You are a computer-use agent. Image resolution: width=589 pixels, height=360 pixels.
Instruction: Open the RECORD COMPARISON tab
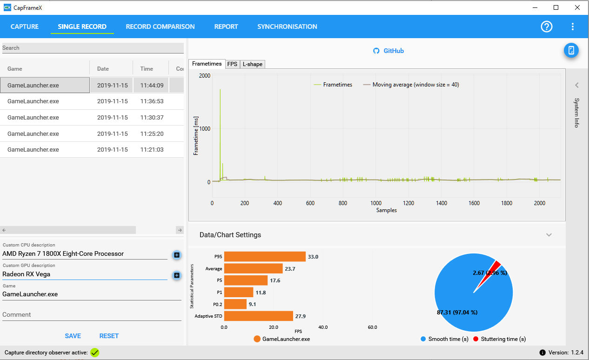coord(160,27)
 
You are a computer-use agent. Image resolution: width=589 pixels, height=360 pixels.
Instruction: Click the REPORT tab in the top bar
coord(226,27)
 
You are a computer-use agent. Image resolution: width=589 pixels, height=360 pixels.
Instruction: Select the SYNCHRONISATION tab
coord(287,27)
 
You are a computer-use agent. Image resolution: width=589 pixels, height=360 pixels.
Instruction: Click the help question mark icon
coord(546,27)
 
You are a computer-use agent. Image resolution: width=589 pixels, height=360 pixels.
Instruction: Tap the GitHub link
coord(388,51)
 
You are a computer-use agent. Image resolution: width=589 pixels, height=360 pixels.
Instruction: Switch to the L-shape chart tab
coord(253,64)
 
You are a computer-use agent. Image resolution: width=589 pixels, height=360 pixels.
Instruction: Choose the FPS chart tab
coord(232,64)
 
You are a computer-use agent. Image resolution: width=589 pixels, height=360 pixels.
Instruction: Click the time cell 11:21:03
coord(152,150)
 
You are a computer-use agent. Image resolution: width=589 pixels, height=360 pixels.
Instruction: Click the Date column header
coord(103,69)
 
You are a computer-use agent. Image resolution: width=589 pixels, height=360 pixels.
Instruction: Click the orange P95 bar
coord(265,257)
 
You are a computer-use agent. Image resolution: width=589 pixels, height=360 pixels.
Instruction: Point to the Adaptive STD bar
coord(259,316)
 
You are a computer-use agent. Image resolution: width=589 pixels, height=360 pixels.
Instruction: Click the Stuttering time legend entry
coord(499,339)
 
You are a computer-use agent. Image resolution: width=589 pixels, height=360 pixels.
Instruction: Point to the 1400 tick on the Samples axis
coord(441,203)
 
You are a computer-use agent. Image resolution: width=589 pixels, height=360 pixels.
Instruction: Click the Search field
coord(93,48)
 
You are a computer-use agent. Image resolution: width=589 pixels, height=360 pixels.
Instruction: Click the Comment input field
coord(92,314)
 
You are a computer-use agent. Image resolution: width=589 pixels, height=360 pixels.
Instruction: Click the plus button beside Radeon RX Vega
coord(177,275)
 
